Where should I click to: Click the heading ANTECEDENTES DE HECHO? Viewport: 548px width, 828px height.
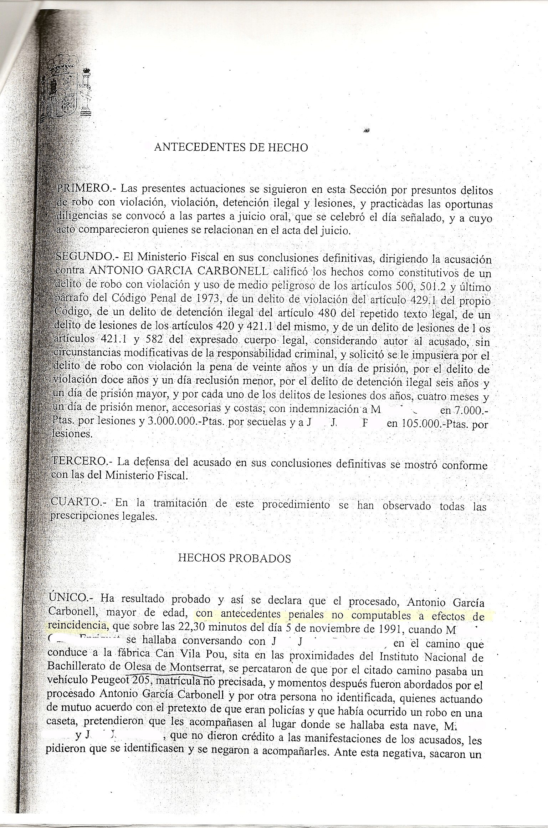click(x=231, y=147)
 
